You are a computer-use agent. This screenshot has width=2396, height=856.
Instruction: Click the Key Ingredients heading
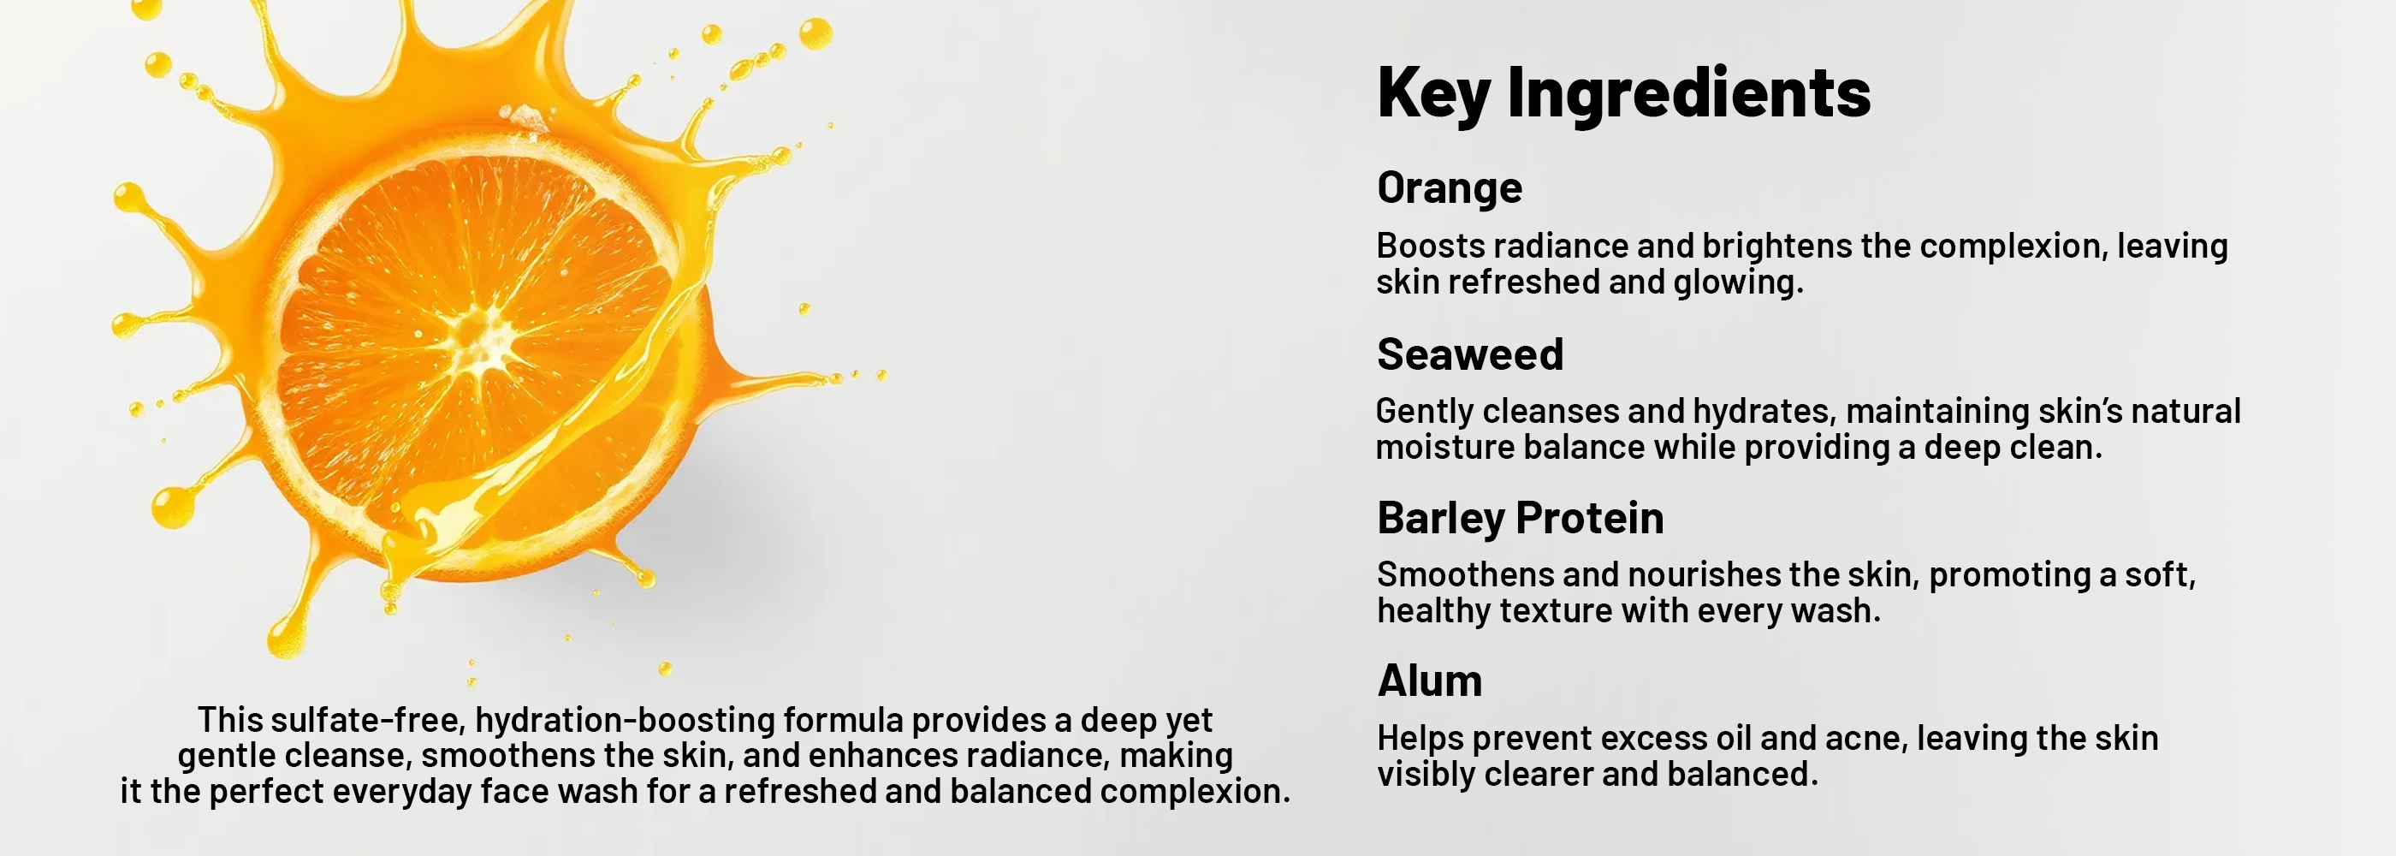pyautogui.click(x=1623, y=93)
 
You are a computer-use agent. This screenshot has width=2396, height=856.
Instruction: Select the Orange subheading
pyautogui.click(x=1449, y=188)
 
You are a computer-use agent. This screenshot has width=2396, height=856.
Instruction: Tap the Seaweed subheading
pyautogui.click(x=1469, y=354)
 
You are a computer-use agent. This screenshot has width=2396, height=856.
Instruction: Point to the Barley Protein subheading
pyautogui.click(x=1520, y=518)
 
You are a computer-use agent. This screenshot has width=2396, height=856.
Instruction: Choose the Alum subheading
pyautogui.click(x=1430, y=681)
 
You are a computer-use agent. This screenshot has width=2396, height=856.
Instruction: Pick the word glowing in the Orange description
pyautogui.click(x=1737, y=282)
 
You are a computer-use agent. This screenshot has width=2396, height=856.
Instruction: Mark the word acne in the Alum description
pyautogui.click(x=1863, y=739)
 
